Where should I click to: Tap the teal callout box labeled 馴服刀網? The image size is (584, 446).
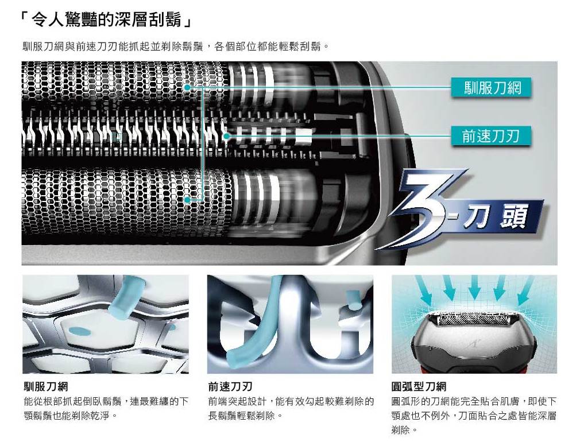click(492, 88)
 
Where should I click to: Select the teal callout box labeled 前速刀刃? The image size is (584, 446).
click(492, 136)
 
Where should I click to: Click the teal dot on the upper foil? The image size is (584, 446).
click(187, 87)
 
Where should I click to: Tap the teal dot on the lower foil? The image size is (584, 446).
click(188, 200)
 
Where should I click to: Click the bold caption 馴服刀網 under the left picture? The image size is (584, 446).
click(45, 386)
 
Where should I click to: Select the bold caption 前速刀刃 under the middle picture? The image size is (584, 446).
click(230, 386)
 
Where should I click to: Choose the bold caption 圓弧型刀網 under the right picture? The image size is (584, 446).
click(419, 386)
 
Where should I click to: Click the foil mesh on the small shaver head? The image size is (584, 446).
click(473, 319)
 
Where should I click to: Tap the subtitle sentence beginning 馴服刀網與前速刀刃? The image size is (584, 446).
click(175, 46)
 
